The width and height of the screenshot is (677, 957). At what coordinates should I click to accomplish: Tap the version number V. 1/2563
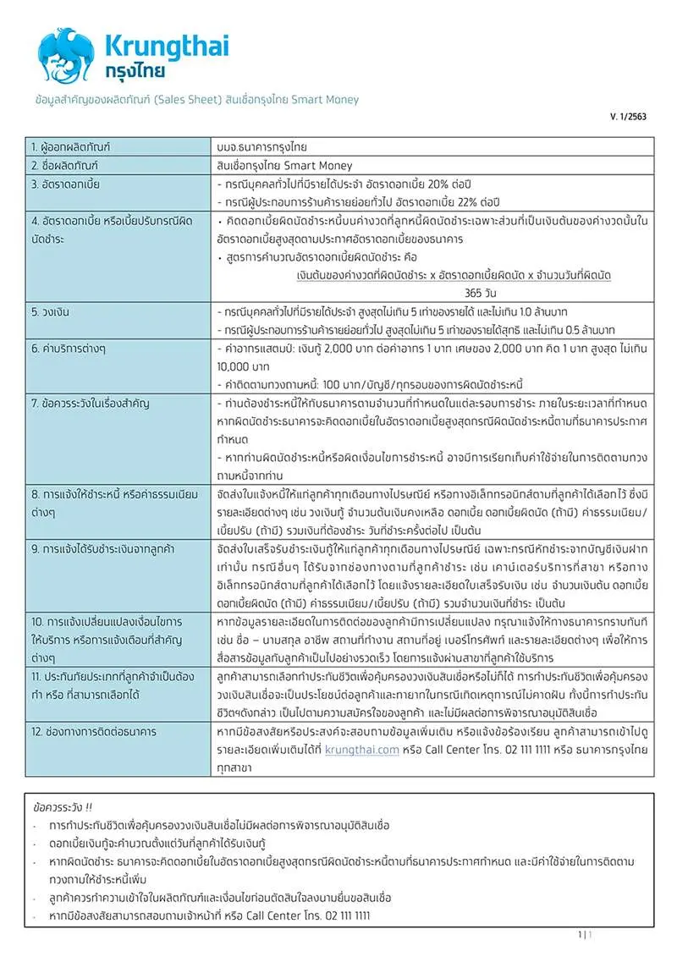point(628,117)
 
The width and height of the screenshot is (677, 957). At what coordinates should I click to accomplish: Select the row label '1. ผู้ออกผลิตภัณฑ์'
point(73,147)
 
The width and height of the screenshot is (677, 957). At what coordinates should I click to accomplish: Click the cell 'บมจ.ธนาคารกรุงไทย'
point(261,147)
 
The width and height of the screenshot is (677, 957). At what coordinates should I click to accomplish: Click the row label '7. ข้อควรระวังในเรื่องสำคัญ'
point(91,402)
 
